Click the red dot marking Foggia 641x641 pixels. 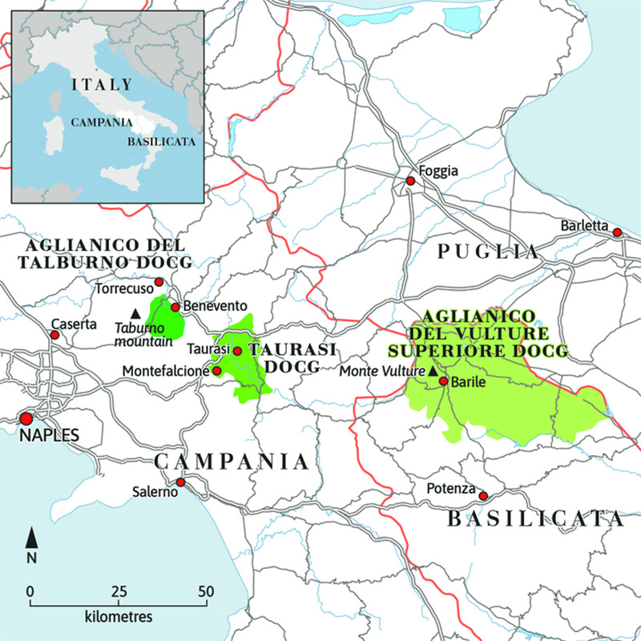410,181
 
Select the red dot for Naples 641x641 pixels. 26,418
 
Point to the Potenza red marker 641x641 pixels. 482,496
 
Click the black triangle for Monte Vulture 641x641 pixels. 433,371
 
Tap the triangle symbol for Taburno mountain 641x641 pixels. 135,312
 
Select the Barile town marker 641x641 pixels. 442,381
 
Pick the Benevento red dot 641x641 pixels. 175,307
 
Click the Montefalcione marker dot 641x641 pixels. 216,371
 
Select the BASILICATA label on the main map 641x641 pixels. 534,519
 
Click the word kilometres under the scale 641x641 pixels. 118,618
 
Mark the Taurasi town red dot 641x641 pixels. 237,351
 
